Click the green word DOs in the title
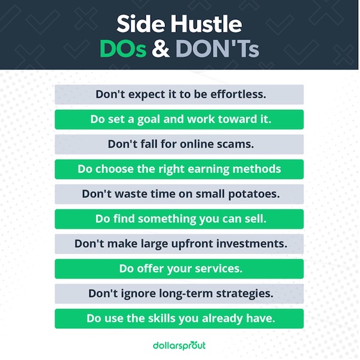click(x=123, y=49)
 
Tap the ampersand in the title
click(x=161, y=49)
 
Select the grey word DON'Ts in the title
click(x=217, y=49)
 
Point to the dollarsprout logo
click(x=179, y=346)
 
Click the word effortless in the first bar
click(x=238, y=94)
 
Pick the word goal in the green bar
click(x=149, y=119)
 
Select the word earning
click(x=208, y=169)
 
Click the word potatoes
click(x=254, y=194)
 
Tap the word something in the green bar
click(x=167, y=219)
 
